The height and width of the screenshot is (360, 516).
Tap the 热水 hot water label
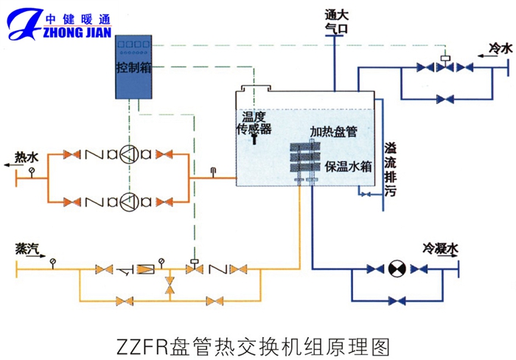click(26, 157)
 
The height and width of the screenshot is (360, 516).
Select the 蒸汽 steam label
click(27, 250)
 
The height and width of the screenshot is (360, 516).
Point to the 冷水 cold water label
click(500, 49)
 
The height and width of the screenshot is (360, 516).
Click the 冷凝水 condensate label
click(441, 250)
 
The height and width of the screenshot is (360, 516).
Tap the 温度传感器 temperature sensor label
click(254, 122)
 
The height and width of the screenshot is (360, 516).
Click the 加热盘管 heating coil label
click(333, 132)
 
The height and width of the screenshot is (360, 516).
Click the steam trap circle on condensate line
click(394, 269)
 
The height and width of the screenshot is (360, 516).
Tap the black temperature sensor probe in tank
click(254, 140)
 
